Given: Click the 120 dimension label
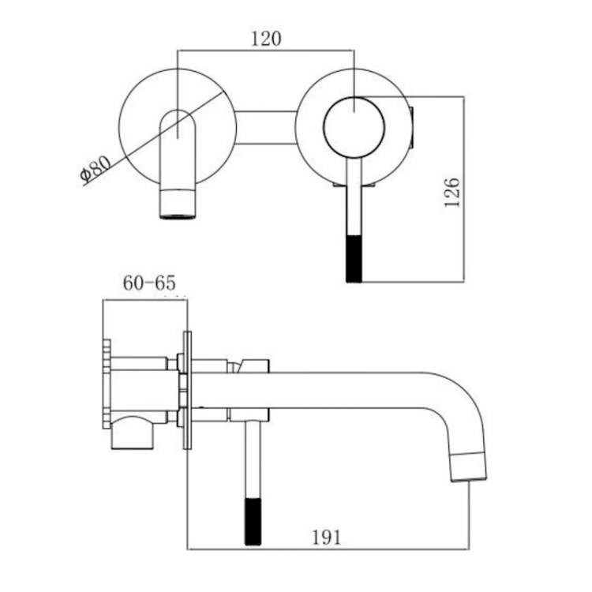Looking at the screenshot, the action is (267, 39).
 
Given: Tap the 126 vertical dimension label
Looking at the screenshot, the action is (452, 192).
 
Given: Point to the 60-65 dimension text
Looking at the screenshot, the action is (149, 283).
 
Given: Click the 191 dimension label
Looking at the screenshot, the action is (327, 538).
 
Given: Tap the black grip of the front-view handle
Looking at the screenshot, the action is (354, 259).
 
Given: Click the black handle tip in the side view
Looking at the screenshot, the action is (253, 523).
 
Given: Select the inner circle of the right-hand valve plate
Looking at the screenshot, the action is (354, 127).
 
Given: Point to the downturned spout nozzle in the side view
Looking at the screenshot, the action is (468, 467).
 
